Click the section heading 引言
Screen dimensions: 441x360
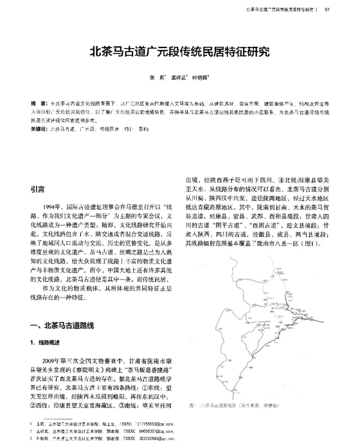37,190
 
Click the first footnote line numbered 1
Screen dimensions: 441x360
102,425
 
